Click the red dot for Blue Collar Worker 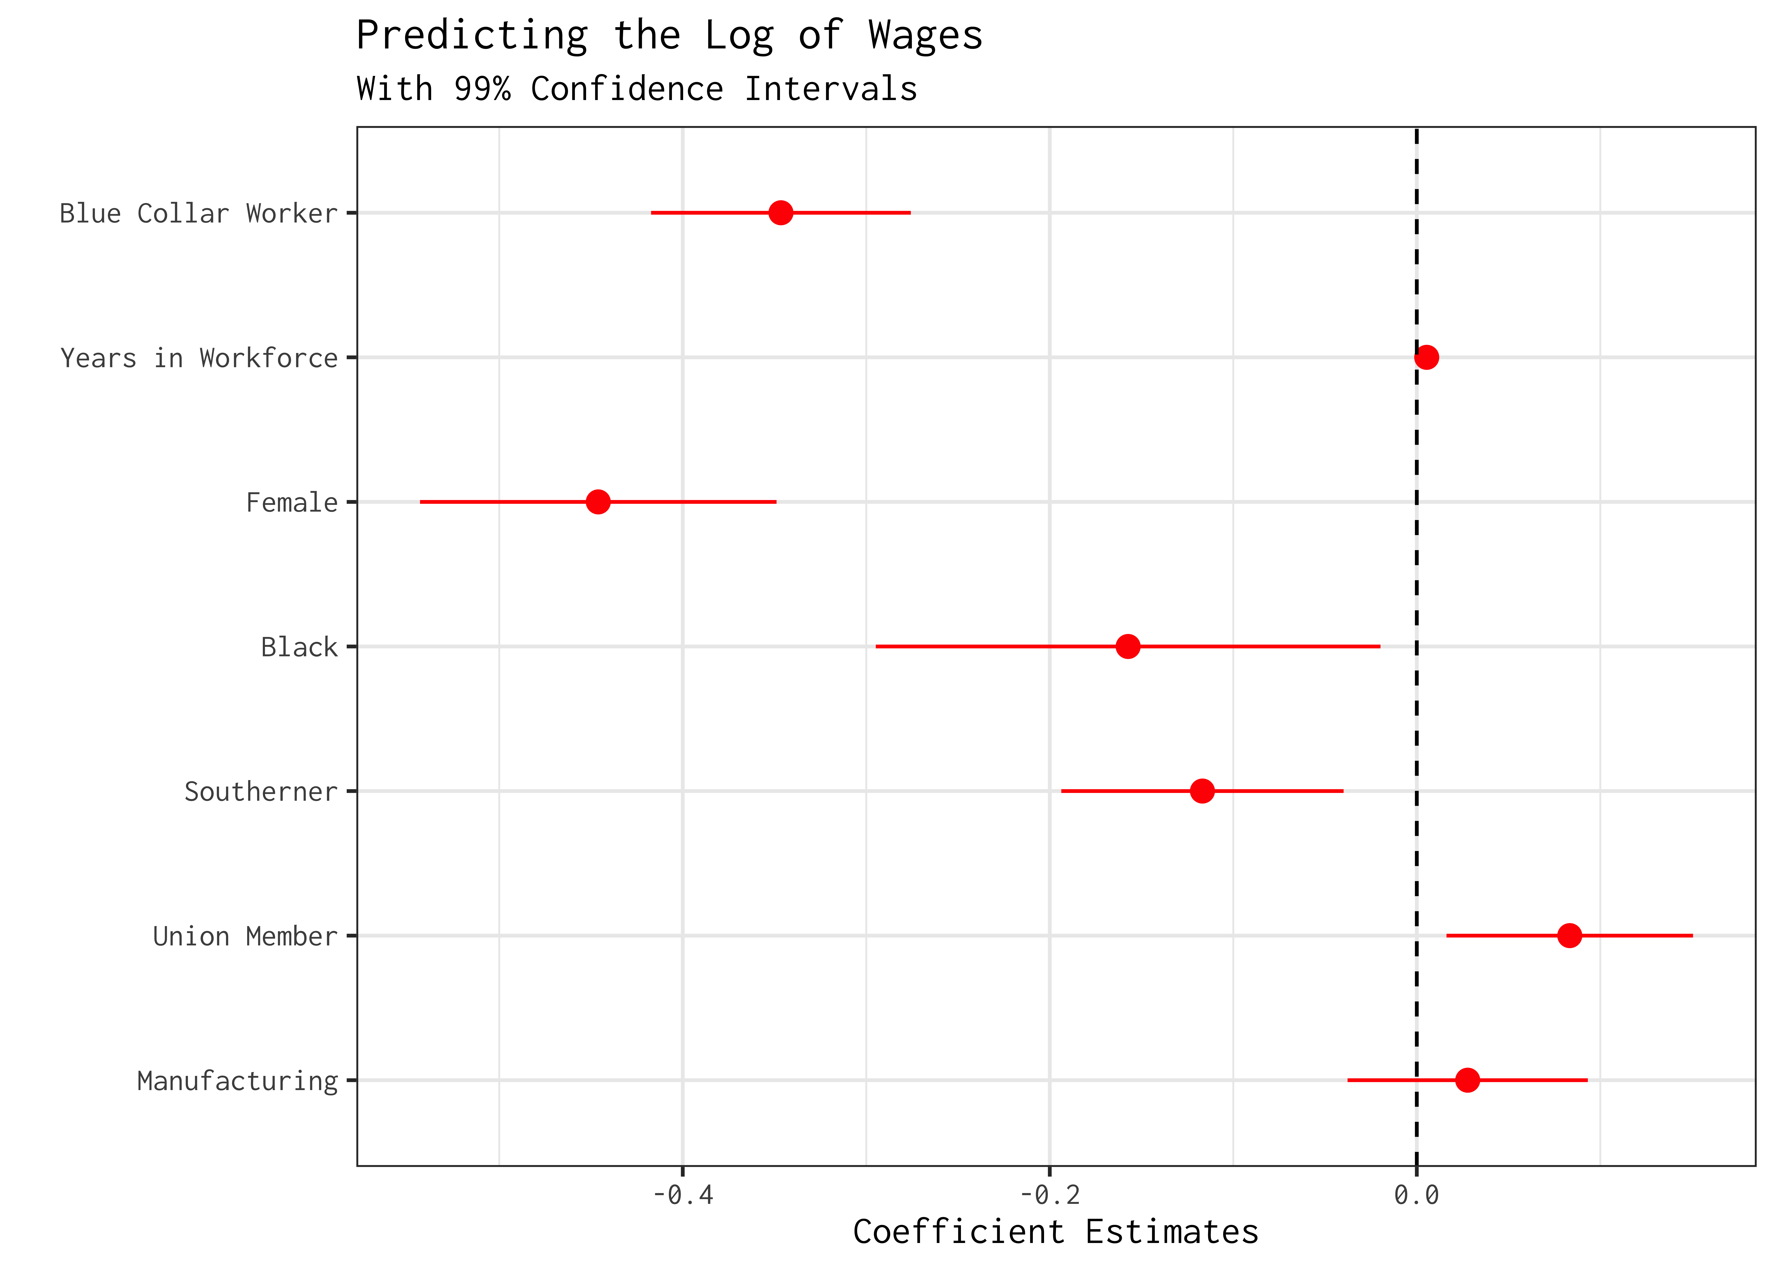pyautogui.click(x=780, y=213)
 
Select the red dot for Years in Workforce pyautogui.click(x=1426, y=357)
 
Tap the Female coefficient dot pyautogui.click(x=597, y=502)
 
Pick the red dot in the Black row pyautogui.click(x=1127, y=646)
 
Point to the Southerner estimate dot pyautogui.click(x=1202, y=791)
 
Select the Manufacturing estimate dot pyautogui.click(x=1468, y=1080)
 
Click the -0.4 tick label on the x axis pyautogui.click(x=682, y=1195)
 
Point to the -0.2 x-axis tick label pyautogui.click(x=1050, y=1195)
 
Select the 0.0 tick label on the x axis pyautogui.click(x=1416, y=1195)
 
